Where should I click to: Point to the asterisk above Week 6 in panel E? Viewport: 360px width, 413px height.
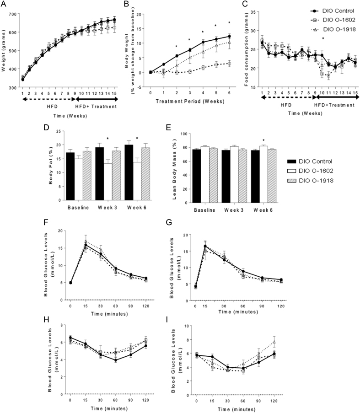pyautogui.click(x=263, y=141)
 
